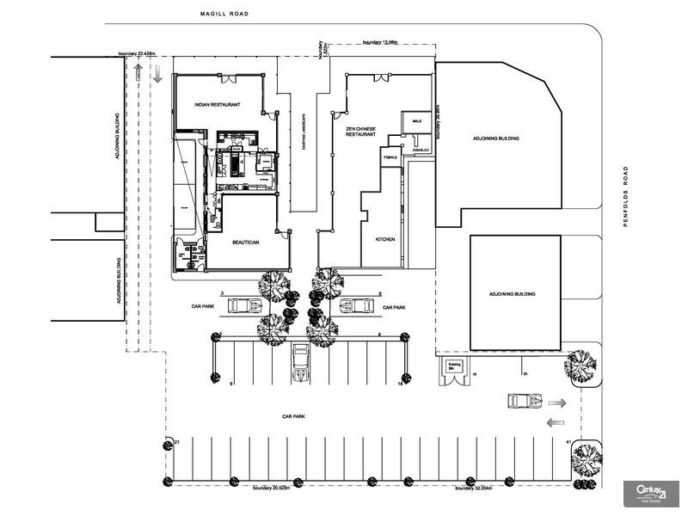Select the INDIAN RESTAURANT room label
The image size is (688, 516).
point(217,105)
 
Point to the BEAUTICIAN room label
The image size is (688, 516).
point(246,243)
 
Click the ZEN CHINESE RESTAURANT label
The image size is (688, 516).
point(360,132)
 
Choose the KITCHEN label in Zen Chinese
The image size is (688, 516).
point(384,239)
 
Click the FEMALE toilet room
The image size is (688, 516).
point(391,156)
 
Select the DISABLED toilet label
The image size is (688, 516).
point(420,150)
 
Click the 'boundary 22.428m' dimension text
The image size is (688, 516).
point(138,53)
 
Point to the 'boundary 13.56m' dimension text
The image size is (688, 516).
point(382,42)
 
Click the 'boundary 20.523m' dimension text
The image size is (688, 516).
point(274,488)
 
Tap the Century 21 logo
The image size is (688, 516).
point(650,493)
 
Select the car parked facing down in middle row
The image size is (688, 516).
point(300,362)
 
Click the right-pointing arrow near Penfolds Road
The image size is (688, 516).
point(557,402)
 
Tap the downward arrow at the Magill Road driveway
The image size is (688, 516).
point(157,75)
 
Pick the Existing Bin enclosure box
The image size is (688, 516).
point(455,370)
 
